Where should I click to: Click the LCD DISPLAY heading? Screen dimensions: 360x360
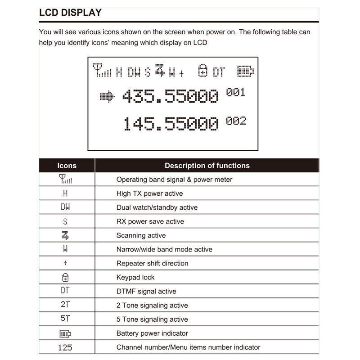coord(70,13)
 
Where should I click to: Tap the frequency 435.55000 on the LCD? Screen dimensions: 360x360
coord(171,96)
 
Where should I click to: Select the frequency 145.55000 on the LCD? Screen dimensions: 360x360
coord(171,124)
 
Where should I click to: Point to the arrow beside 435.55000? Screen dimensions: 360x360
coord(107,96)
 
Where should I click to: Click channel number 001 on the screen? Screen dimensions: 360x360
coord(236,93)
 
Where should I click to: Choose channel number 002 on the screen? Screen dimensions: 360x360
coord(236,121)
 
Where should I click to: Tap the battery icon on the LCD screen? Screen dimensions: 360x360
coord(246,71)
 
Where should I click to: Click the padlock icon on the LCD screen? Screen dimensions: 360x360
coord(203,71)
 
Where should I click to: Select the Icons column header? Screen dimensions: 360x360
coord(67,166)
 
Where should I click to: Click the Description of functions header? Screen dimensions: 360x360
coord(207,166)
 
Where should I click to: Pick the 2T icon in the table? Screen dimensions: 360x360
coord(65,305)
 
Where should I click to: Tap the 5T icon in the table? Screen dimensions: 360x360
coord(65,319)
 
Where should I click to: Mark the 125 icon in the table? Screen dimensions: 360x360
coord(65,347)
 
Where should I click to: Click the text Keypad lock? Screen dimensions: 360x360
coord(135,277)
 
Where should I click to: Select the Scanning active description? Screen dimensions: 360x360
coord(141,235)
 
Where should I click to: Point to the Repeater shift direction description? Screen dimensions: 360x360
coord(152,263)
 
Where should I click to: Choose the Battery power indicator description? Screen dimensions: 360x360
coord(152,333)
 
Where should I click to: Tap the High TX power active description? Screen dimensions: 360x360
coord(149,193)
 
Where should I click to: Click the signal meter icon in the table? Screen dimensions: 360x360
coord(65,180)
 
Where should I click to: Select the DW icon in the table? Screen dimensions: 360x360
coord(65,207)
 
